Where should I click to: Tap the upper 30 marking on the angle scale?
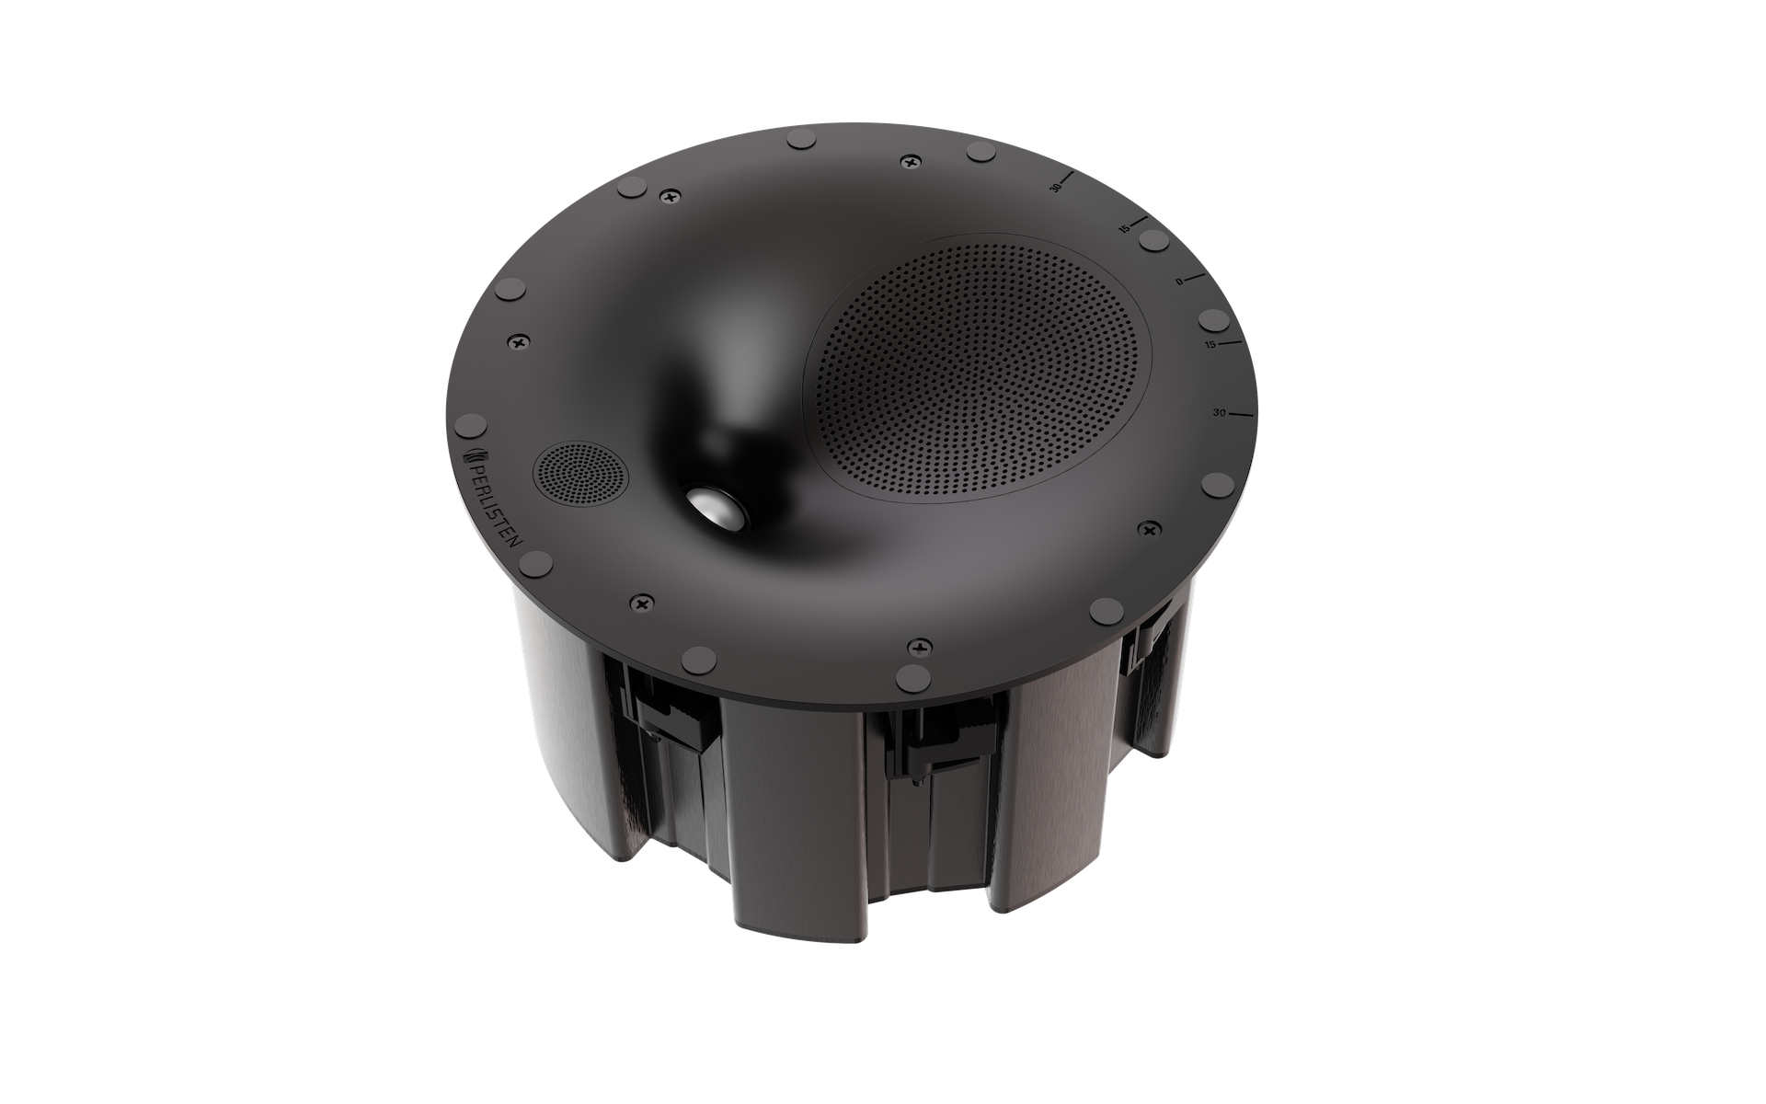point(1056,188)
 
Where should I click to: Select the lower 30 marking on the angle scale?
point(1219,413)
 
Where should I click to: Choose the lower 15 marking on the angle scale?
point(1211,345)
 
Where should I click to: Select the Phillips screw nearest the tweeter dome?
point(641,603)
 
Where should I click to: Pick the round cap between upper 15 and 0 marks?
point(1153,240)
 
